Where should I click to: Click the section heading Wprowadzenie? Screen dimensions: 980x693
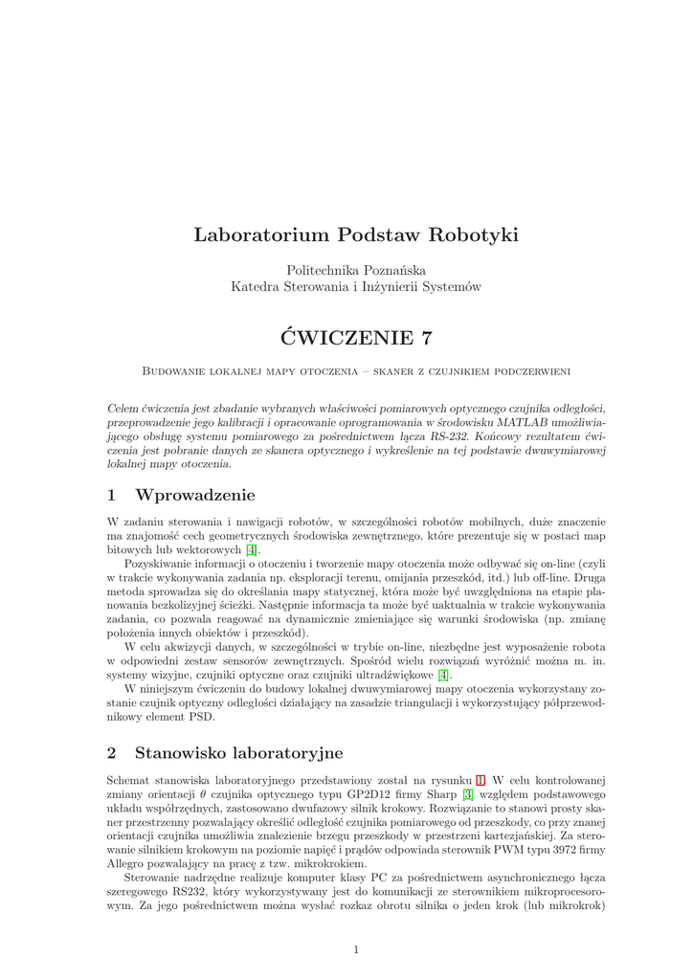coord(195,495)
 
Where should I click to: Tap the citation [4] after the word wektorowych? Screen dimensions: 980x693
coord(252,550)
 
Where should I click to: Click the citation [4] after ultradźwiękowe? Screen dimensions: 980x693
coord(443,675)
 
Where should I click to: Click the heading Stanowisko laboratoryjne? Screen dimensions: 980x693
coord(238,753)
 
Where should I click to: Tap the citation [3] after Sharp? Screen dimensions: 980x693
coord(467,795)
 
